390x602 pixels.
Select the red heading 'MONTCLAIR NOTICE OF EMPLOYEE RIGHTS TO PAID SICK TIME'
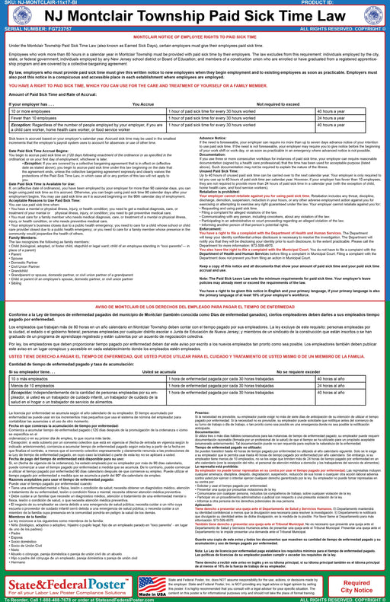[194, 37]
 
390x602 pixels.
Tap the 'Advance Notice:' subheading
[213, 137]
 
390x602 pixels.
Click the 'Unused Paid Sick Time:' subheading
[222, 170]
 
